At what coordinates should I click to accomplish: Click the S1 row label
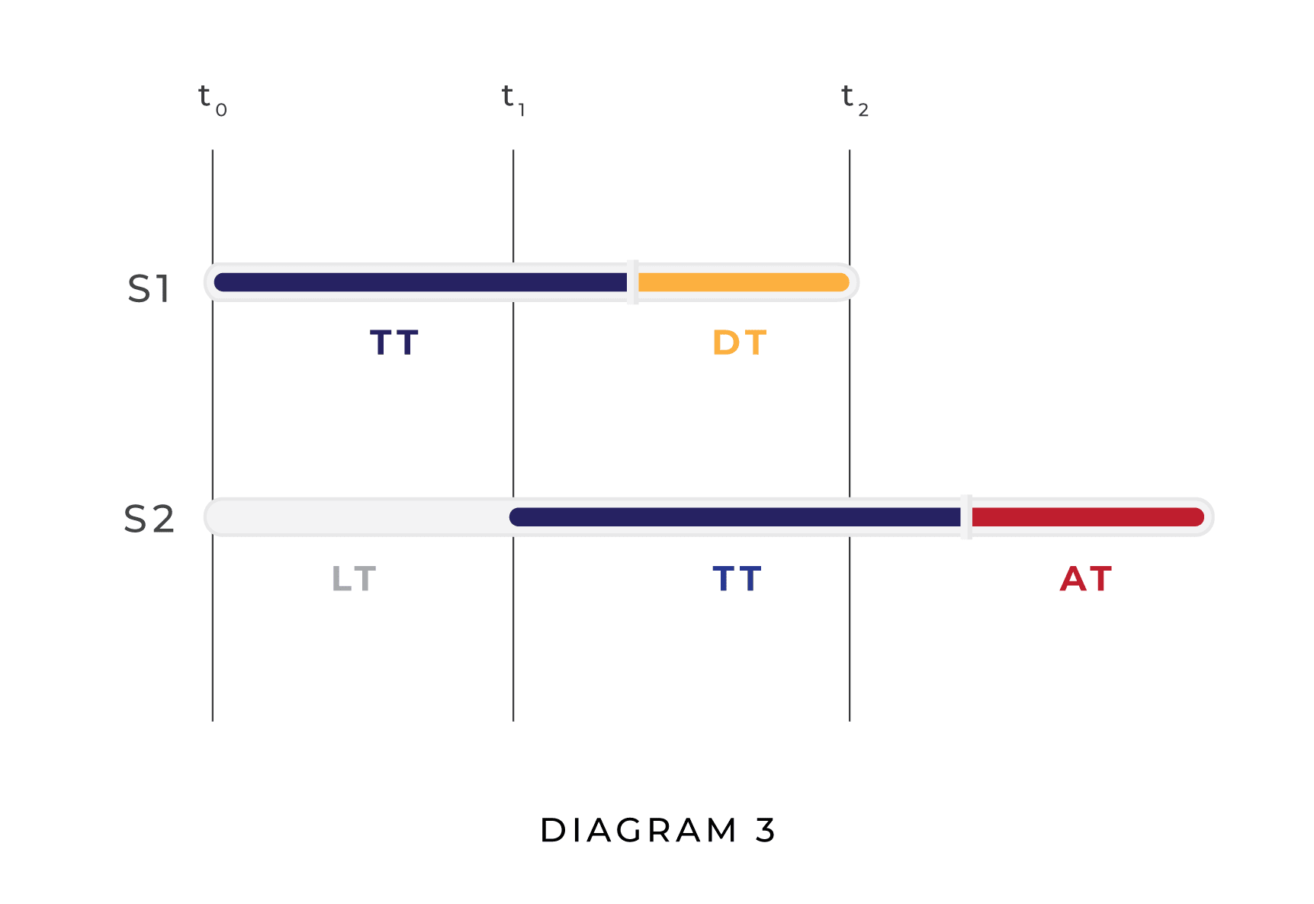pos(149,289)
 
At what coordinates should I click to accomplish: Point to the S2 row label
pos(149,520)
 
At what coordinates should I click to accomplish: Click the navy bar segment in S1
pos(419,282)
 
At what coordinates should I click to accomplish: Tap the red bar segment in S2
pos(1087,517)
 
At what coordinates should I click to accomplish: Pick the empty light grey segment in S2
pos(358,517)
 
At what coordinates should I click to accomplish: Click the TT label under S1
pos(394,343)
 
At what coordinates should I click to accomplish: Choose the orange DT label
pos(739,343)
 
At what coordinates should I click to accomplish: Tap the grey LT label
pos(353,580)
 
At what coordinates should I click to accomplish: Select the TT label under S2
pos(737,580)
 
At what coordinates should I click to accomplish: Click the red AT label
pos(1086,580)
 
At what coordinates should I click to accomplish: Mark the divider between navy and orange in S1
pos(632,282)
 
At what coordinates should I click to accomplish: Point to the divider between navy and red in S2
pos(966,517)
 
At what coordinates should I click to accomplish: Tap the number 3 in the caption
pos(766,831)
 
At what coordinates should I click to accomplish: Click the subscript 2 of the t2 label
pos(863,111)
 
